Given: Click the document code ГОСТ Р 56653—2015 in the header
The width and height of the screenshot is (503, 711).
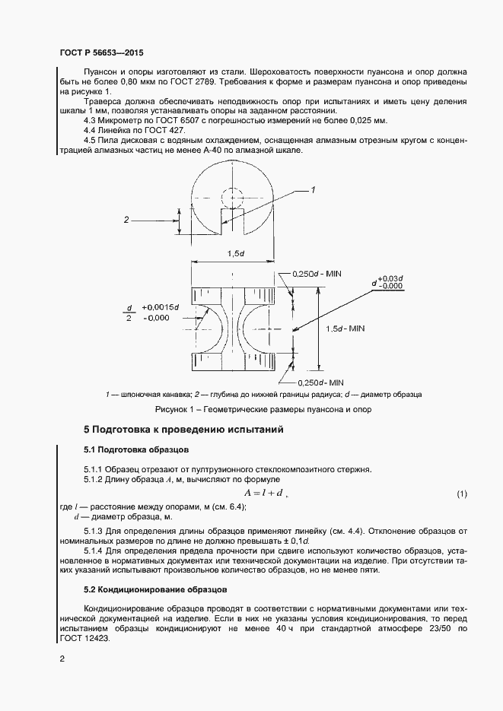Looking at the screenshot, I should click(100, 53).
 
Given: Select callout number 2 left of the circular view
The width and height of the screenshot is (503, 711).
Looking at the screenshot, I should click(126, 220).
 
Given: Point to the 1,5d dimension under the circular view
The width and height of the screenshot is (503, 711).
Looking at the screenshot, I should click(236, 253).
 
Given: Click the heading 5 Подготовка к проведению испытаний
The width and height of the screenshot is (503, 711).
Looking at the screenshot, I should click(183, 430).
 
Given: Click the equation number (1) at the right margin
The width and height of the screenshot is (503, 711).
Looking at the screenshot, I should click(461, 494).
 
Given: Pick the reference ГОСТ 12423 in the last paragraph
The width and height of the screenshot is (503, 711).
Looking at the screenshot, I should click(85, 639).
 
